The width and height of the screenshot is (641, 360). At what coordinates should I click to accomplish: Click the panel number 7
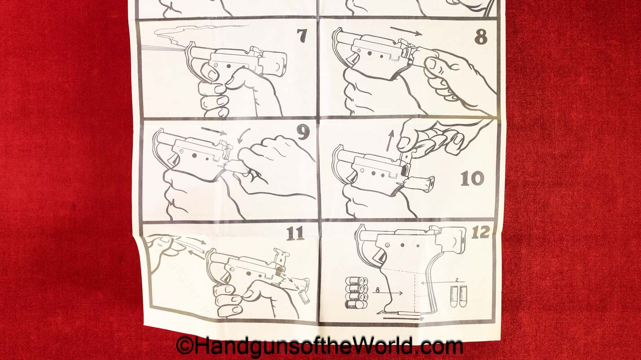(302, 36)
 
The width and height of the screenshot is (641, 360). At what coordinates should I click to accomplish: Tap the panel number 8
(480, 37)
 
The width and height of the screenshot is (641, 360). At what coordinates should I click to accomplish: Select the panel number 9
(303, 132)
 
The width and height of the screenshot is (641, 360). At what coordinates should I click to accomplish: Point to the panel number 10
(472, 179)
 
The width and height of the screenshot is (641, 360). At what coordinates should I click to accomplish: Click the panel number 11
(295, 234)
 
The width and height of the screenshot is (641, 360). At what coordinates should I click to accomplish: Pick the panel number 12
(480, 232)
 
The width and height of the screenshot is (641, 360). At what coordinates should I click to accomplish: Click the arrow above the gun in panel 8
(406, 31)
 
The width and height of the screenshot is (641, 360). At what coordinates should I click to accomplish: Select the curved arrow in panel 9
(243, 135)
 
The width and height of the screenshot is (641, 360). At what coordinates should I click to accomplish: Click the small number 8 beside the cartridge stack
(377, 290)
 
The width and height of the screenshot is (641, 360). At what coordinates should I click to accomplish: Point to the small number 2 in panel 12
(457, 279)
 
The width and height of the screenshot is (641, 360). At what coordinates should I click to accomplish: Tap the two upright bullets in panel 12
(458, 296)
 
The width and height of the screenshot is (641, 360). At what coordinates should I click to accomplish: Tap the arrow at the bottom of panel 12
(403, 318)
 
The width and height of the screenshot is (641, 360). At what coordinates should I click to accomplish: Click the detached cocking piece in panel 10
(421, 182)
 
